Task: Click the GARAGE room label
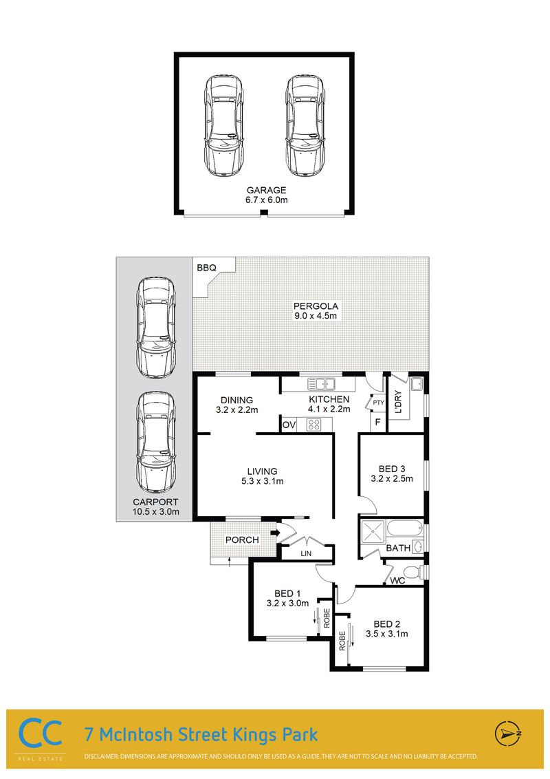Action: pyautogui.click(x=267, y=190)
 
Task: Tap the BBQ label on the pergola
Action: pyautogui.click(x=206, y=268)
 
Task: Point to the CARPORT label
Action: pyautogui.click(x=155, y=502)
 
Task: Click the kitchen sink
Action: pyautogui.click(x=321, y=384)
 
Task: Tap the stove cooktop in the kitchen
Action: pyautogui.click(x=313, y=425)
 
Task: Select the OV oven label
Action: pyautogui.click(x=289, y=425)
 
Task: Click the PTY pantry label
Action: pyautogui.click(x=378, y=403)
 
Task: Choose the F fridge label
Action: pyautogui.click(x=377, y=423)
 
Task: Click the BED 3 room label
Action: pyautogui.click(x=392, y=469)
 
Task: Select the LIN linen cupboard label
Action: pyautogui.click(x=306, y=553)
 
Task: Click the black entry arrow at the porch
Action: pyautogui.click(x=276, y=533)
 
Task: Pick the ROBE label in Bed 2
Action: pyautogui.click(x=342, y=641)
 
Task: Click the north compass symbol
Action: pyautogui.click(x=507, y=734)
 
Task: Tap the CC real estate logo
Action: pyautogui.click(x=41, y=734)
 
